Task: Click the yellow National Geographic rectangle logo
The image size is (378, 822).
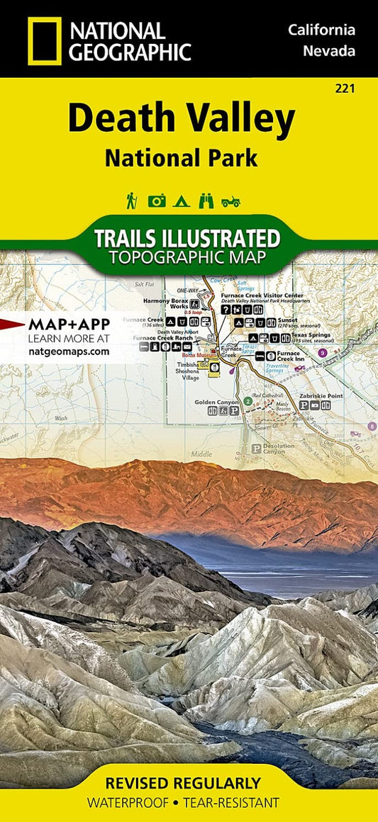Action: pos(44,40)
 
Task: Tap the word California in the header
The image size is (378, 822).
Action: pos(321,30)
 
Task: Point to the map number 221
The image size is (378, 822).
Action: pos(346,89)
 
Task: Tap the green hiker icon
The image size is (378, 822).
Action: pos(132,201)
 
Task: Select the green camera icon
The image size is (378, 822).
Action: pos(157,201)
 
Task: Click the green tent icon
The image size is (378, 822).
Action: pos(181,201)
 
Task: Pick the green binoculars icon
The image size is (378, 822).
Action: pos(206,201)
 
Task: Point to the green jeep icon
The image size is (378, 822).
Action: pos(230,202)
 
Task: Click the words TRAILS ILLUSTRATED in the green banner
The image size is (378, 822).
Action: pos(187,237)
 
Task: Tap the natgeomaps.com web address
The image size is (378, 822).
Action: pos(69,351)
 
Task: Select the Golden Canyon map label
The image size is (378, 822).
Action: pos(218,402)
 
